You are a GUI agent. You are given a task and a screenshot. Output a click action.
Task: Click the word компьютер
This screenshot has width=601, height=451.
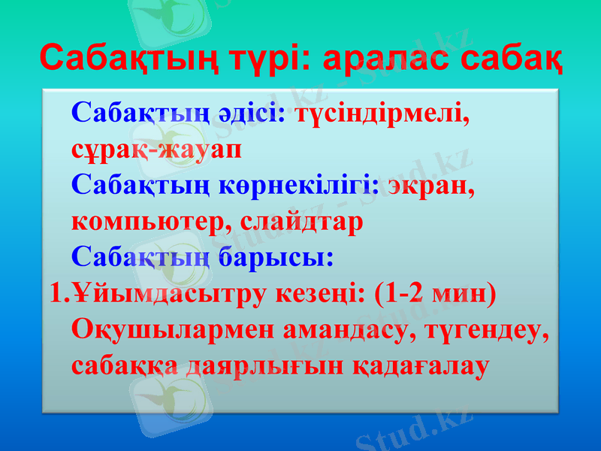point(151,221)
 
